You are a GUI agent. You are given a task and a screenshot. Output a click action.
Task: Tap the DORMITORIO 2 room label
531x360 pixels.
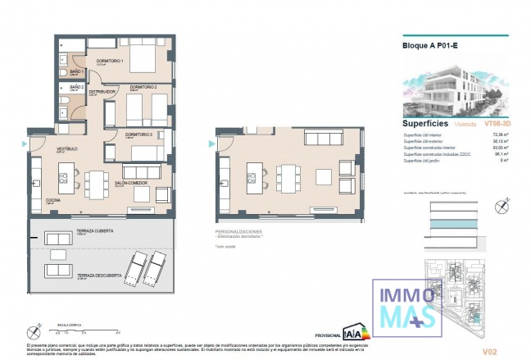click(144, 86)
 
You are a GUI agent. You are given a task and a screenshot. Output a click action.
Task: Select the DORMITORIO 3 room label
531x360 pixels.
click(139, 134)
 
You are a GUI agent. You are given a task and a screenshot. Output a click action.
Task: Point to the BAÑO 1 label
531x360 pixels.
click(77, 71)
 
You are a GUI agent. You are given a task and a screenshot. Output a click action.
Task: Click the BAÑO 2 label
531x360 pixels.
click(77, 86)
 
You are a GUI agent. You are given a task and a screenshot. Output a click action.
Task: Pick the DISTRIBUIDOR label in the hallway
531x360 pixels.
click(102, 92)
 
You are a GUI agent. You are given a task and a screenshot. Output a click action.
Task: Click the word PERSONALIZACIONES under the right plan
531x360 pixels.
click(238, 232)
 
